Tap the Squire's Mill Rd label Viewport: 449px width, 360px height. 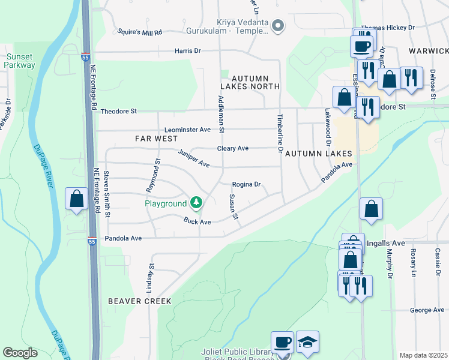140,32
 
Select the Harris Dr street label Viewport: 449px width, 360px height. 187,51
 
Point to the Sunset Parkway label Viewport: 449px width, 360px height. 20,61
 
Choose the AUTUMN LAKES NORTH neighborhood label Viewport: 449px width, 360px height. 256,82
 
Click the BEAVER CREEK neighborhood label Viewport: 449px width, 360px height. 140,301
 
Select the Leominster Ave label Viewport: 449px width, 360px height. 188,130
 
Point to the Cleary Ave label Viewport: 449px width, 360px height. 232,148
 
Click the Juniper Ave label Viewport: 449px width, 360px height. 193,158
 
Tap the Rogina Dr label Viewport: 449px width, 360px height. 247,185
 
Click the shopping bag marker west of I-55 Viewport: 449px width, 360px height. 77,199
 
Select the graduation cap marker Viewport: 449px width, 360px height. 307,342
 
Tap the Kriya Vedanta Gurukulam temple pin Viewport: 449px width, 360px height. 277,25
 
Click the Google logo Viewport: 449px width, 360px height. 20,353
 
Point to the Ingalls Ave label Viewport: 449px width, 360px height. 385,243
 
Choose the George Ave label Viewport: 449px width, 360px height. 427,310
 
